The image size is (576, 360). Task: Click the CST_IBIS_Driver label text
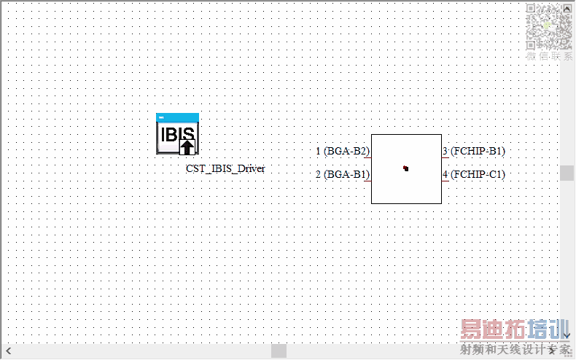[x=225, y=169]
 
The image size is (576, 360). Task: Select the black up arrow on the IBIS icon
[x=187, y=146]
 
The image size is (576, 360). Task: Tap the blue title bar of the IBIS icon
[x=177, y=117]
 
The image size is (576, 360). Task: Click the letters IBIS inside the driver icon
[x=177, y=134]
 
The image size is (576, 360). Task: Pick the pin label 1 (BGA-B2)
[x=342, y=152]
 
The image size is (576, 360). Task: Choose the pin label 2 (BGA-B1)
[x=342, y=175]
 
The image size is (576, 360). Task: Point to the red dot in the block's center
[x=405, y=168]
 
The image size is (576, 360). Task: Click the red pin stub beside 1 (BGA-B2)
[x=367, y=157]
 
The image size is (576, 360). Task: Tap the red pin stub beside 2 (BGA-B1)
[x=367, y=181]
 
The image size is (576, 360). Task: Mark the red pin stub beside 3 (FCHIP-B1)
[x=445, y=157]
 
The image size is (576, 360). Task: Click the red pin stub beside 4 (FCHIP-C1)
[x=445, y=181]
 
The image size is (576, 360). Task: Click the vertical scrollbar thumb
[x=567, y=173]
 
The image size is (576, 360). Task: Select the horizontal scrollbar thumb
[x=279, y=351]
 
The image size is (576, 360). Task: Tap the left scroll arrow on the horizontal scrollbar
[x=7, y=351]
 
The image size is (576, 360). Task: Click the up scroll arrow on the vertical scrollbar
[x=567, y=6]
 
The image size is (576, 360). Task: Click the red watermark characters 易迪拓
[x=488, y=330]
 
